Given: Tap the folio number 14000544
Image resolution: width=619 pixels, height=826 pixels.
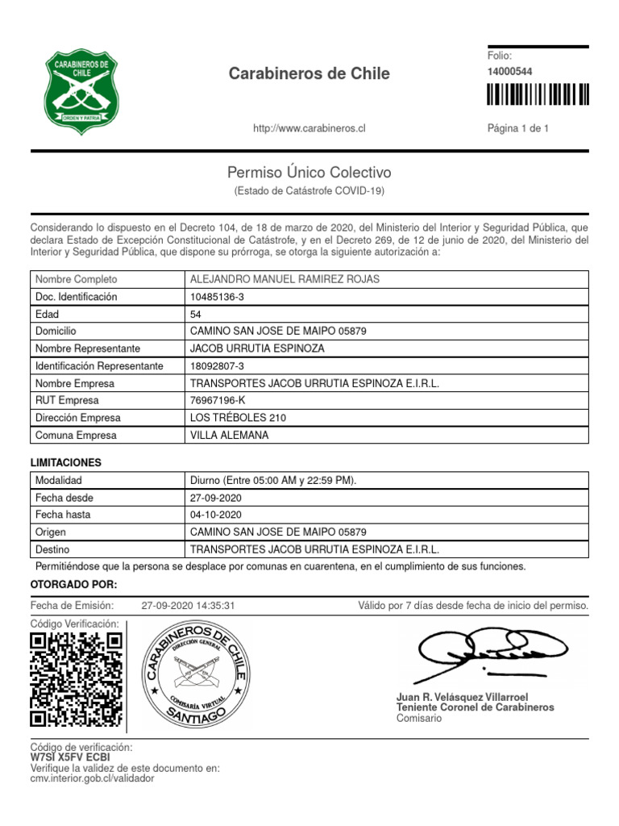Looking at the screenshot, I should [509, 72].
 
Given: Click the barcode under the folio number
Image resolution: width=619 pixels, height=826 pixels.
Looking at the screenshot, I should [538, 95].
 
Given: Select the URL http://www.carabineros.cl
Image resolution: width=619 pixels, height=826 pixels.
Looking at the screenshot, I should [309, 128].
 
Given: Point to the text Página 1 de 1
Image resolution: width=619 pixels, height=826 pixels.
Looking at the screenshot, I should [518, 128].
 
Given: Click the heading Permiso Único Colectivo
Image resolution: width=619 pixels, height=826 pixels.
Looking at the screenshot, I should [309, 173].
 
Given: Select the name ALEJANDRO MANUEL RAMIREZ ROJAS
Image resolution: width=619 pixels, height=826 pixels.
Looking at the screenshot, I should [284, 279].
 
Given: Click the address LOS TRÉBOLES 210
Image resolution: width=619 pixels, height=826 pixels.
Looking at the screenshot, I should [237, 418].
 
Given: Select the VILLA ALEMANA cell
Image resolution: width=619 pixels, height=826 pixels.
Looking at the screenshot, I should [229, 436].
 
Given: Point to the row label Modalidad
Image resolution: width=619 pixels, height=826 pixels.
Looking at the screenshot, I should [58, 480].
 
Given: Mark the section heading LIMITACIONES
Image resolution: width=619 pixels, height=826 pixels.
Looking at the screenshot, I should [66, 463].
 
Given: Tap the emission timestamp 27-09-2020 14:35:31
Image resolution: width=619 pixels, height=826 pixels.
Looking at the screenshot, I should [188, 606].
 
